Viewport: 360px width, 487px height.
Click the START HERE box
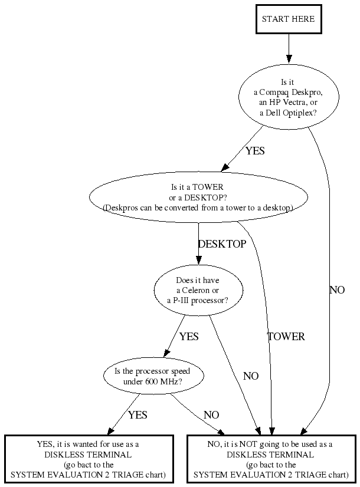pyautogui.click(x=288, y=19)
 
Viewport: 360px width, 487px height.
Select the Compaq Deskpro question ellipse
pyautogui.click(x=288, y=97)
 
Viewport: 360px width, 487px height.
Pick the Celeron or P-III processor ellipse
pyautogui.click(x=198, y=291)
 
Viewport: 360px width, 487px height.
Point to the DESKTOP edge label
pyautogui.click(x=222, y=244)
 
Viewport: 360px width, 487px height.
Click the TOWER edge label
pyautogui.click(x=286, y=337)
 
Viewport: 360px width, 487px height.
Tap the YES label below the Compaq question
pyautogui.click(x=255, y=150)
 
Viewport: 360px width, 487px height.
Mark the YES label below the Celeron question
pyautogui.click(x=189, y=337)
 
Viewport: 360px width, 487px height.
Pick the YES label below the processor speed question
pyautogui.click(x=137, y=415)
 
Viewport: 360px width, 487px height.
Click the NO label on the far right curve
pyautogui.click(x=337, y=290)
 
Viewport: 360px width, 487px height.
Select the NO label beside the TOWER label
pyautogui.click(x=251, y=376)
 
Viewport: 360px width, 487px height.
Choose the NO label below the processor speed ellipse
pyautogui.click(x=211, y=415)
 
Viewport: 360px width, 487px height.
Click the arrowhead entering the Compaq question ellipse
pyautogui.click(x=289, y=59)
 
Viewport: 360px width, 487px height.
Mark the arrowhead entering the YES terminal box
pyautogui.click(x=111, y=431)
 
